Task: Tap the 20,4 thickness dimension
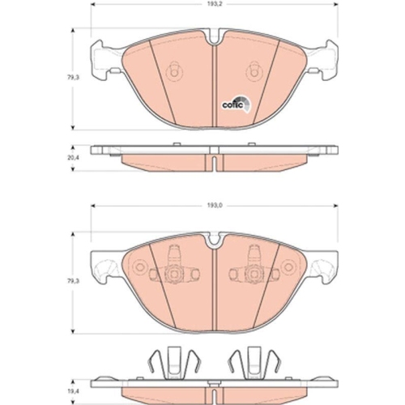(x=74, y=158)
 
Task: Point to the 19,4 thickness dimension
(x=74, y=378)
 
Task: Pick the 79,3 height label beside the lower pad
(x=74, y=279)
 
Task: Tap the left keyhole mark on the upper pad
(x=172, y=73)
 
